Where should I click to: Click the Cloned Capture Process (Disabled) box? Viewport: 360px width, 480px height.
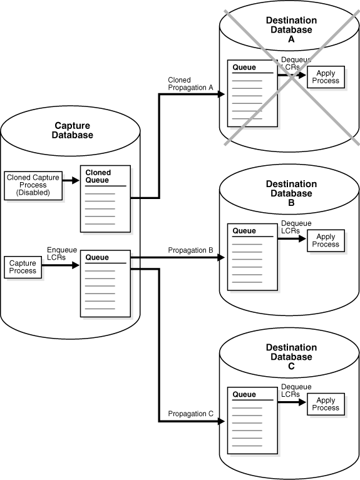pyautogui.click(x=34, y=185)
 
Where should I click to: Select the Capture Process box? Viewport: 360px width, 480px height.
pyautogui.click(x=22, y=268)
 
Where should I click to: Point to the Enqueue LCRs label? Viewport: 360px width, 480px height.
pyautogui.click(x=62, y=253)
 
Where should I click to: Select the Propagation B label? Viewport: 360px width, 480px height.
pyautogui.click(x=190, y=250)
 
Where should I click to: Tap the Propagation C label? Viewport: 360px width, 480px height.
pyautogui.click(x=190, y=414)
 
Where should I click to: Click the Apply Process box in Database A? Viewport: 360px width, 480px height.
pyautogui.click(x=326, y=77)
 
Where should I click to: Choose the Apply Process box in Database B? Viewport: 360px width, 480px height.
pyautogui.click(x=326, y=240)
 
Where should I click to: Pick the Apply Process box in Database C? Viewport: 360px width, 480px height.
pyautogui.click(x=326, y=404)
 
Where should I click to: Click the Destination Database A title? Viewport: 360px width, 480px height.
pyautogui.click(x=291, y=29)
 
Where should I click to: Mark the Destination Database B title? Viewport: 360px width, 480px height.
pyautogui.click(x=291, y=193)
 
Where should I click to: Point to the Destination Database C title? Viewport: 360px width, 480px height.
pyautogui.click(x=291, y=357)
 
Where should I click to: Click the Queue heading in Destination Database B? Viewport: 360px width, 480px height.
pyautogui.click(x=244, y=231)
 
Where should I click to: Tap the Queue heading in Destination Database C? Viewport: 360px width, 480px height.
pyautogui.click(x=244, y=395)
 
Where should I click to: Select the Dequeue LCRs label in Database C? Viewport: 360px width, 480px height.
pyautogui.click(x=296, y=391)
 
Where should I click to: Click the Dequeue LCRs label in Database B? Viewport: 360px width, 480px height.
pyautogui.click(x=296, y=227)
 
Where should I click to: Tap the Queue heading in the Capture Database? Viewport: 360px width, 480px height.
pyautogui.click(x=97, y=257)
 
